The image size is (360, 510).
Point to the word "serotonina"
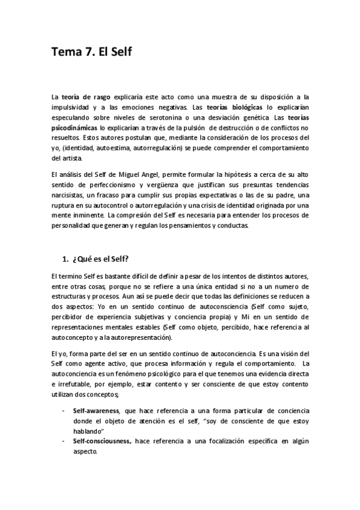[198, 117]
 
